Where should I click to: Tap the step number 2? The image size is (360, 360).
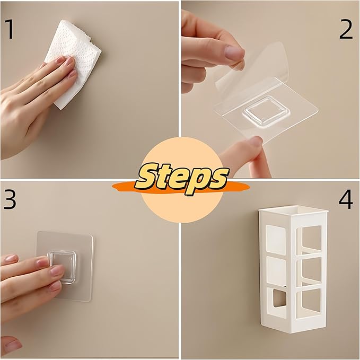[x=346, y=29]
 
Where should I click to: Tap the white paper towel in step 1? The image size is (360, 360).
[x=74, y=62]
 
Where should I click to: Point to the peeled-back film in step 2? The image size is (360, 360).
[x=252, y=67]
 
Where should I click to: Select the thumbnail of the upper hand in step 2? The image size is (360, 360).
[x=234, y=52]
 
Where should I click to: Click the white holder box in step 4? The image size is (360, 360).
[x=293, y=269]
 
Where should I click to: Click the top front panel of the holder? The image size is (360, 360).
[x=276, y=240]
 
